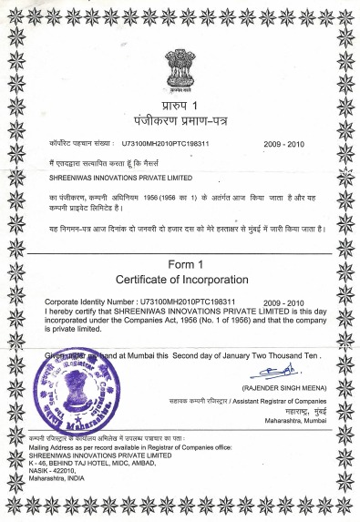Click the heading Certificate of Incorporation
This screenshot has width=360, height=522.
pyautogui.click(x=180, y=278)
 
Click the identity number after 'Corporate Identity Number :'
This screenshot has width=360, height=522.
pyautogui.click(x=188, y=300)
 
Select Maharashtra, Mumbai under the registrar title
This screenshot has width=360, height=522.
pyautogui.click(x=294, y=422)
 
